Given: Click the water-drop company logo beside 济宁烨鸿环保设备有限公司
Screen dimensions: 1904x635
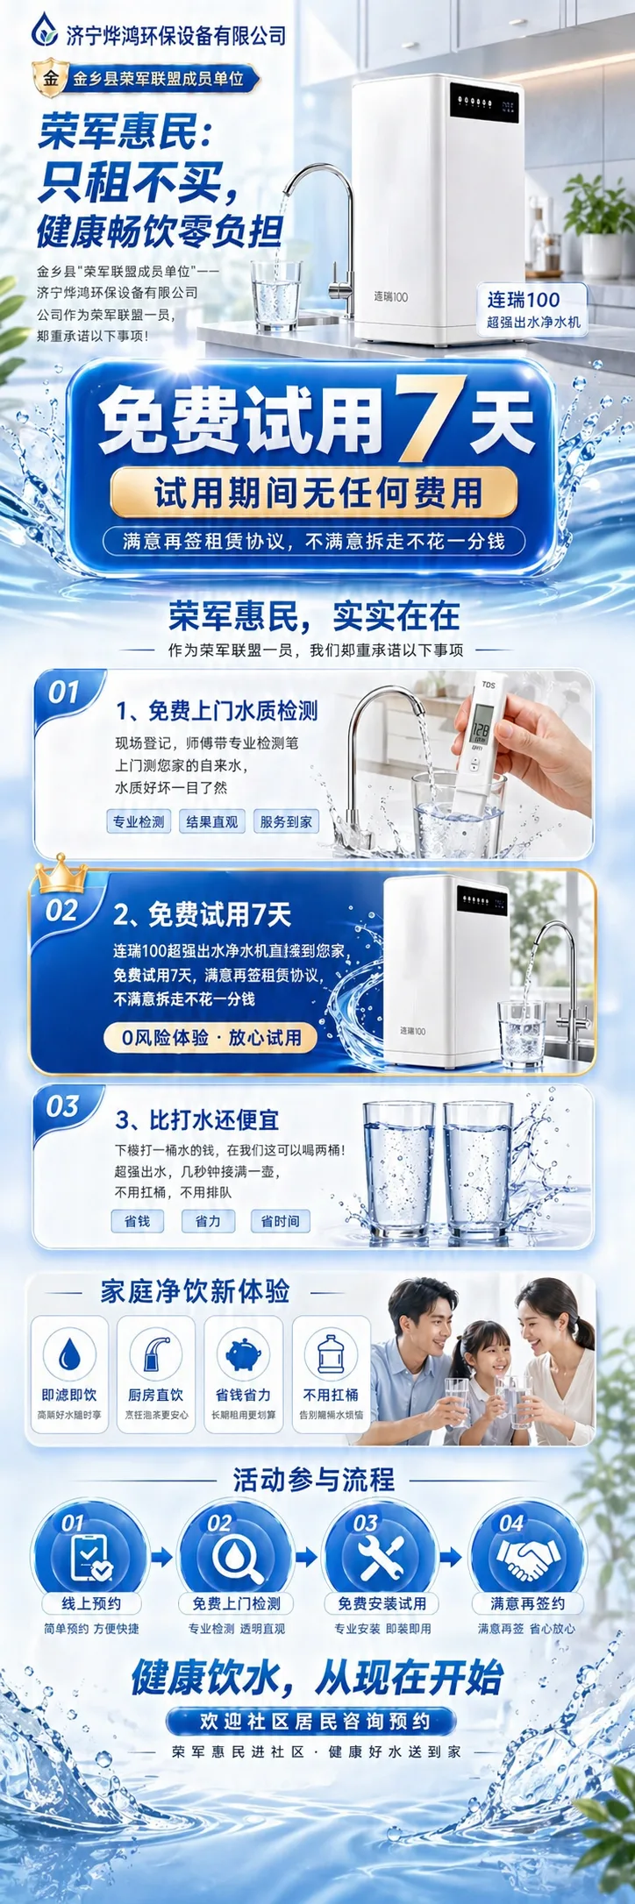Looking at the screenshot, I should tap(45, 32).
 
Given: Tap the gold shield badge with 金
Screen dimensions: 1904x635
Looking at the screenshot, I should tap(50, 79).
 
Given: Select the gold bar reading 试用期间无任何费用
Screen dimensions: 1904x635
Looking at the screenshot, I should tap(314, 493).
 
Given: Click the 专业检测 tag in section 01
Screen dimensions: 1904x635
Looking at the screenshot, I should tap(139, 821).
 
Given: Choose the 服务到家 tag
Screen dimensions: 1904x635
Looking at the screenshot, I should tap(285, 821).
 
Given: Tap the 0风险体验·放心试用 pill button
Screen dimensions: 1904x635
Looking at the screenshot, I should tap(210, 1037).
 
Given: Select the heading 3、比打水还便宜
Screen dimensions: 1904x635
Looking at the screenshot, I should tap(197, 1120).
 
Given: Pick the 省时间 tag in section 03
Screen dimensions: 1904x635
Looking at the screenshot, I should tap(280, 1221).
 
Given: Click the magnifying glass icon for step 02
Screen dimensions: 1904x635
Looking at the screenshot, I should tap(235, 1556).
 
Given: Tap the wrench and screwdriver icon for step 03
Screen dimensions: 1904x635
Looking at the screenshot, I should tap(381, 1556).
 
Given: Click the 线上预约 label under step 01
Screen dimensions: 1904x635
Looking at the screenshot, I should tap(91, 1603).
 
